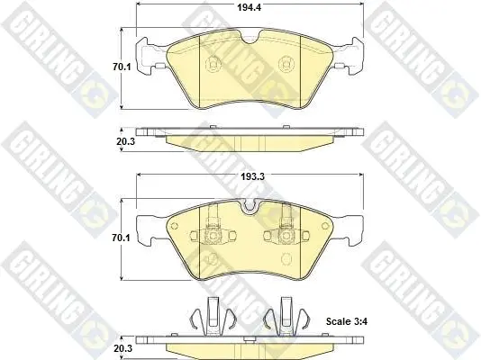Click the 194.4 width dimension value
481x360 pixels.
250,7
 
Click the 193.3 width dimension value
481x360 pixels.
252,176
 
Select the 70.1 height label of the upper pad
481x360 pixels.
122,67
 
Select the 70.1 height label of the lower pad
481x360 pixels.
122,238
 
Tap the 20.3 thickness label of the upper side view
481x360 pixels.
125,142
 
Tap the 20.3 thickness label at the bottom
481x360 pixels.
123,348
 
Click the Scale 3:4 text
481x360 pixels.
347,321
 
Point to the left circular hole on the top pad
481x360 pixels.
213,64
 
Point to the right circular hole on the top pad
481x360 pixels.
286,64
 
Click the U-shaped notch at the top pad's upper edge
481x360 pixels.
250,38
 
